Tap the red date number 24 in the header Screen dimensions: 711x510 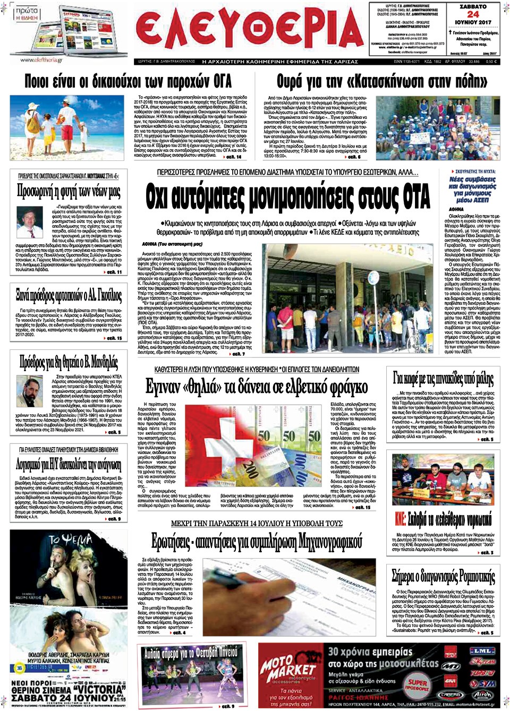pos(473,14)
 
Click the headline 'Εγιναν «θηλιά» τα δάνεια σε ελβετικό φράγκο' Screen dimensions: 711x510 pos(257,387)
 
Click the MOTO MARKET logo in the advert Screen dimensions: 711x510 pos(287,670)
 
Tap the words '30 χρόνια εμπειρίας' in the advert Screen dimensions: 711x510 pos(370,652)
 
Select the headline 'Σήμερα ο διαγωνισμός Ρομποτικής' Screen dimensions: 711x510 pos(443,576)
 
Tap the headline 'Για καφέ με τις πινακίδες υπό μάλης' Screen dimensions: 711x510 pos(443,378)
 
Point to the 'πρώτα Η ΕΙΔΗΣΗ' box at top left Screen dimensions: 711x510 pos(26,14)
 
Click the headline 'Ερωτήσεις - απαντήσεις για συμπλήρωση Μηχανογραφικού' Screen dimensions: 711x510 pos(257,542)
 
